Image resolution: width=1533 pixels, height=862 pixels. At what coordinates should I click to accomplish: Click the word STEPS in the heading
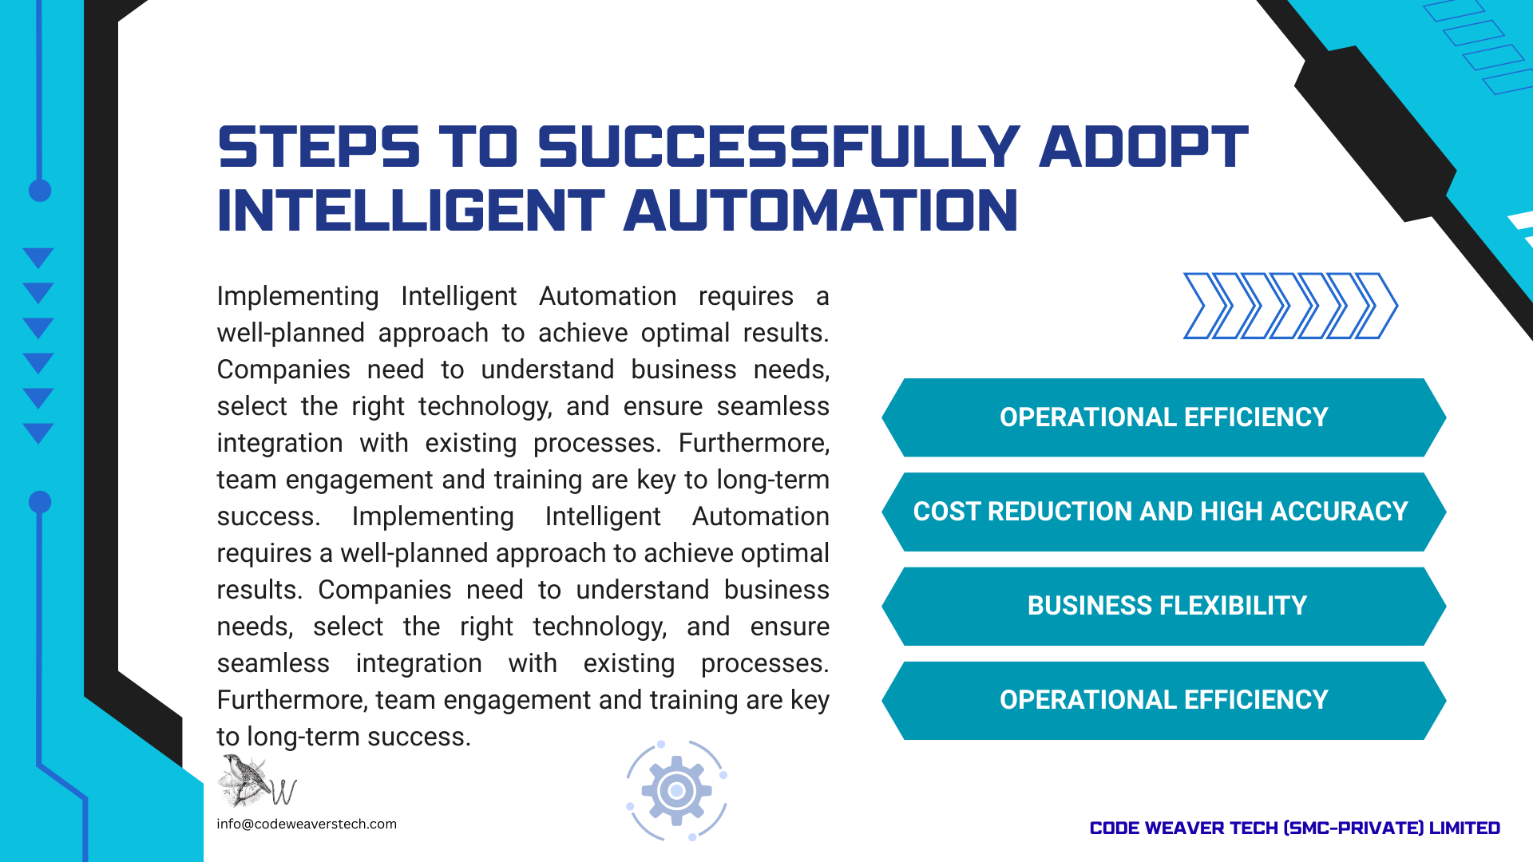click(319, 147)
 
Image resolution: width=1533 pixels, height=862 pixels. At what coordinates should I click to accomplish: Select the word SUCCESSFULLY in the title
click(779, 147)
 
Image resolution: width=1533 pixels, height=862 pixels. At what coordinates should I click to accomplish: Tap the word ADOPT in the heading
click(1144, 147)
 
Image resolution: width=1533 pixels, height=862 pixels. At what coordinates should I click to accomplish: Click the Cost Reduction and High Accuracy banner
click(1164, 512)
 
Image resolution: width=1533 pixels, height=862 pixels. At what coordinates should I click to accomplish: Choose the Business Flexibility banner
click(1164, 606)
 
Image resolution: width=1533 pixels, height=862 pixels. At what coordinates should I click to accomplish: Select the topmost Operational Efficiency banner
click(1164, 417)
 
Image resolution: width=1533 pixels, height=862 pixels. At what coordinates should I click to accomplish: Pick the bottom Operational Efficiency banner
click(1164, 700)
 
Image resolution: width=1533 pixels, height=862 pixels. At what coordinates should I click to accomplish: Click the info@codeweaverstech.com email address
click(307, 824)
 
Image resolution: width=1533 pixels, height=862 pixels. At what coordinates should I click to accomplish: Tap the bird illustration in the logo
click(245, 780)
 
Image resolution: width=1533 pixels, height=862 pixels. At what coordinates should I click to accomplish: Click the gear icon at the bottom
click(676, 791)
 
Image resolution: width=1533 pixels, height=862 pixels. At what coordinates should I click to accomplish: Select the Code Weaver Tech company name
click(1295, 828)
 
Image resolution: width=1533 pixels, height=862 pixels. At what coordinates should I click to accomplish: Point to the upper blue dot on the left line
click(40, 191)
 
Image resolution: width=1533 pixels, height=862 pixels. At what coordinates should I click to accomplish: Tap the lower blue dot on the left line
click(40, 502)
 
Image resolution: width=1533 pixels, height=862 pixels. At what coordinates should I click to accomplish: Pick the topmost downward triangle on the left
click(38, 257)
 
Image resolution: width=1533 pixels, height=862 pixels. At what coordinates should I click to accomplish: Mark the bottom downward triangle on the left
click(38, 433)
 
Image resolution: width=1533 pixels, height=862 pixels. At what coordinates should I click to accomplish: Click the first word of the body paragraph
click(298, 297)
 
